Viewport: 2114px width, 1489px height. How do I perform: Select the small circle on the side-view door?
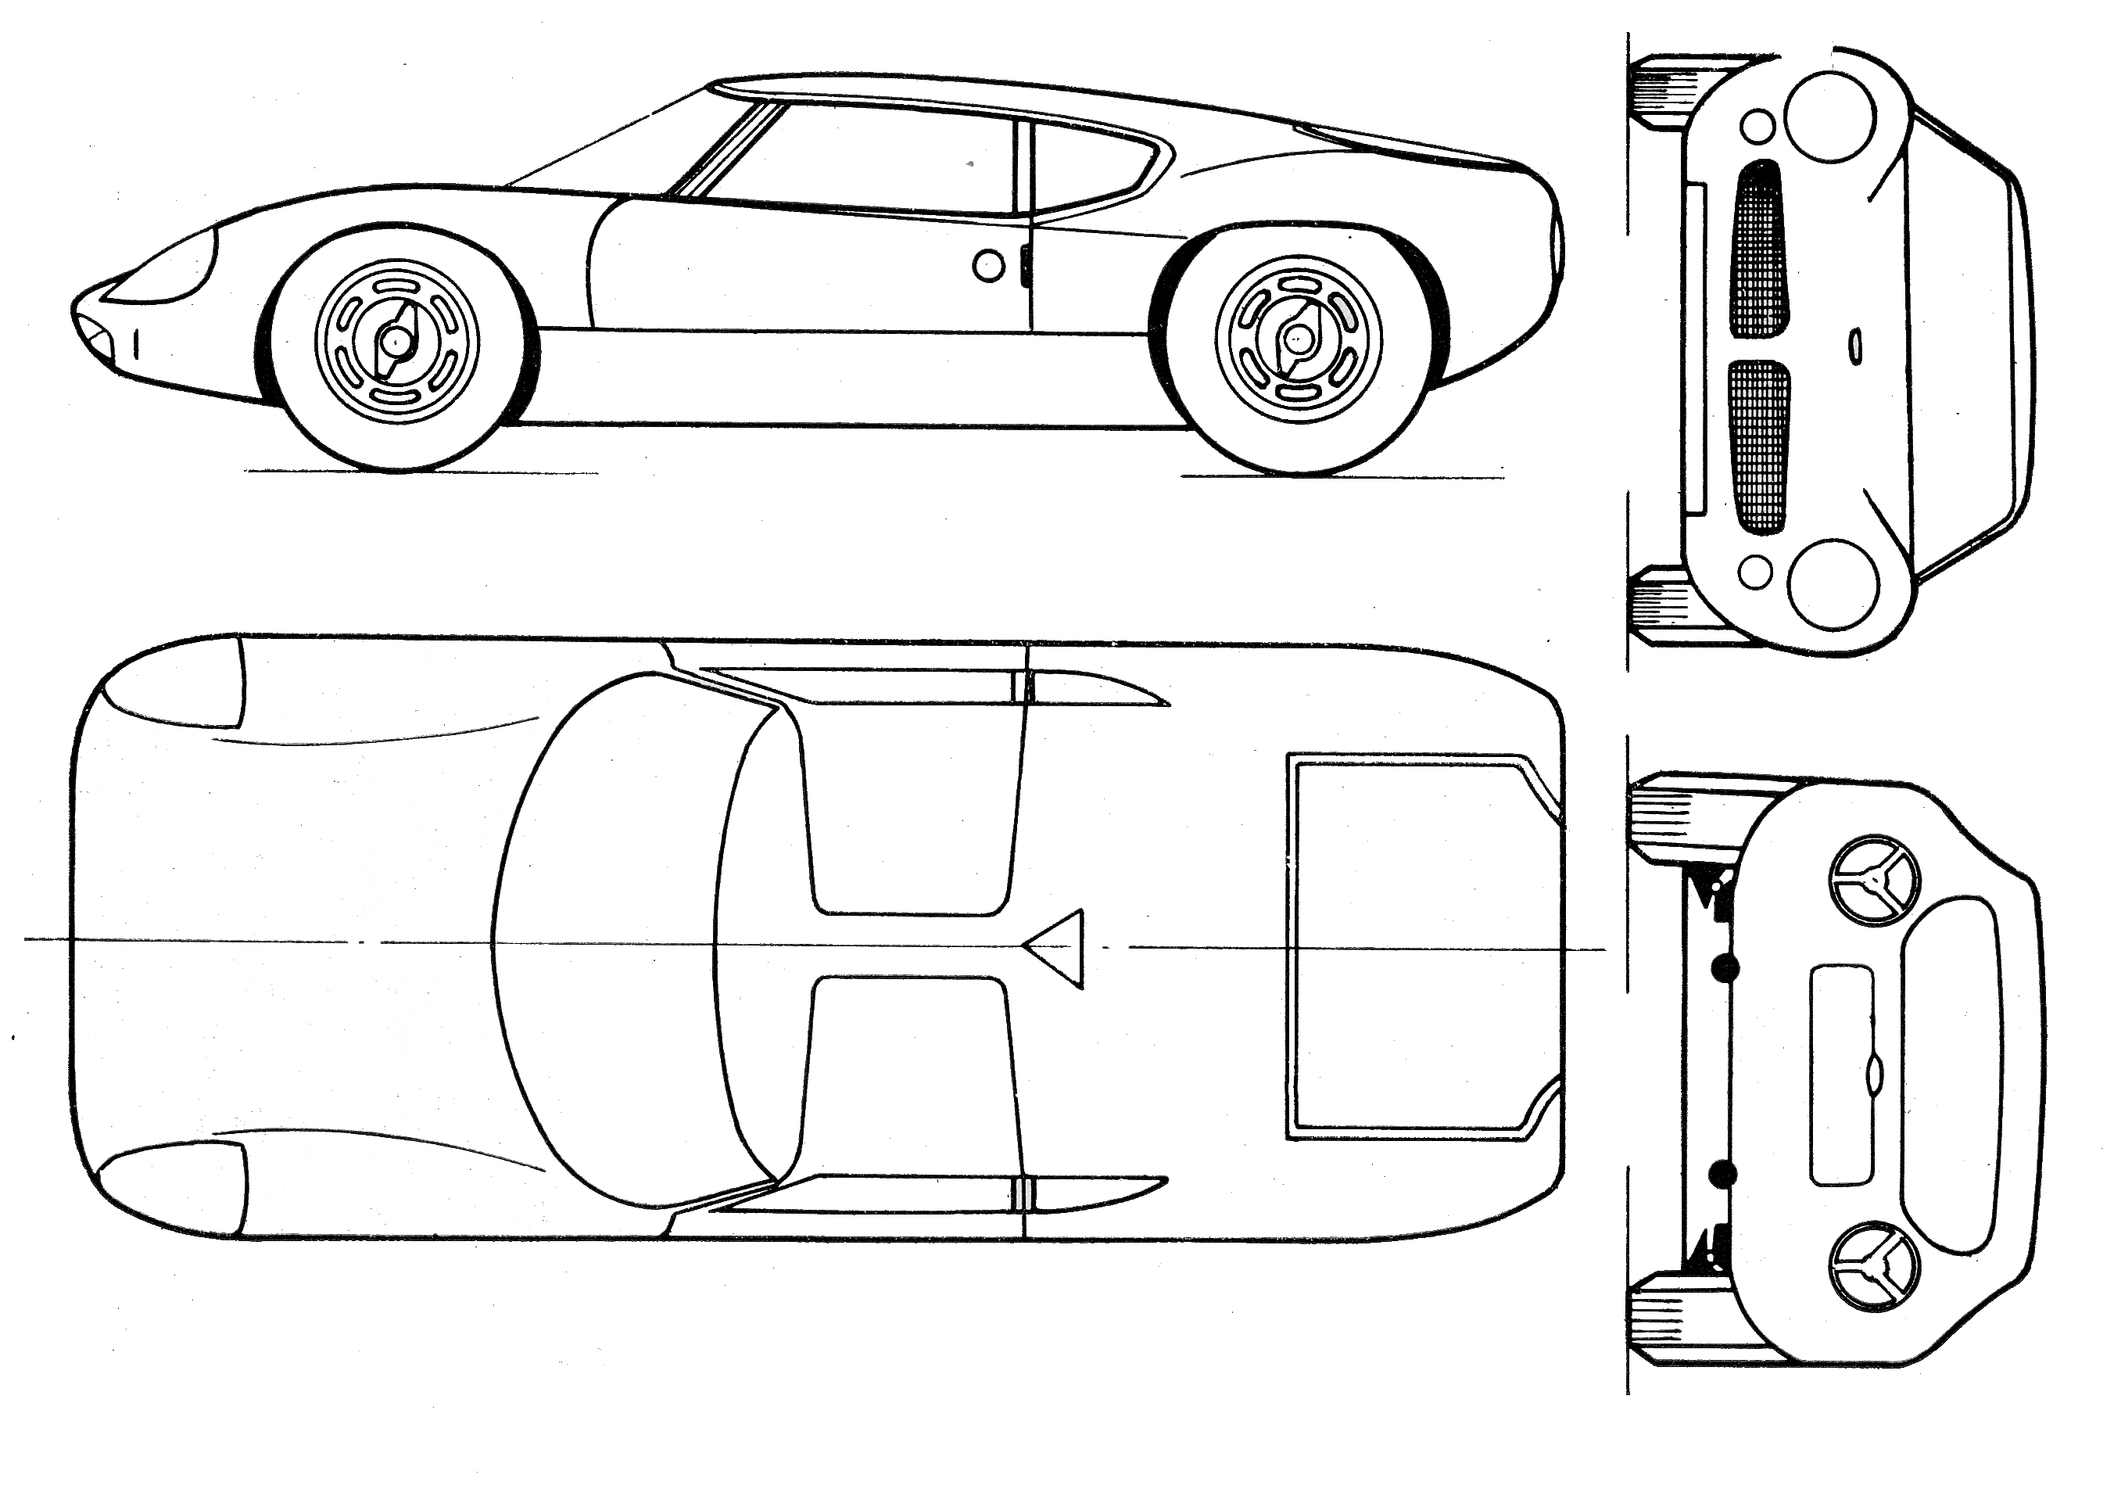coord(988,266)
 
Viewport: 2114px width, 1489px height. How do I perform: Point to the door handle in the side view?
coord(1024,264)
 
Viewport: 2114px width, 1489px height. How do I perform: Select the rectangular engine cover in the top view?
coord(1418,949)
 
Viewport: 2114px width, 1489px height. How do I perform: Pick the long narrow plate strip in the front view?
coord(1693,348)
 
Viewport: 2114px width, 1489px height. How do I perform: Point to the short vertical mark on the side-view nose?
coord(135,346)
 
